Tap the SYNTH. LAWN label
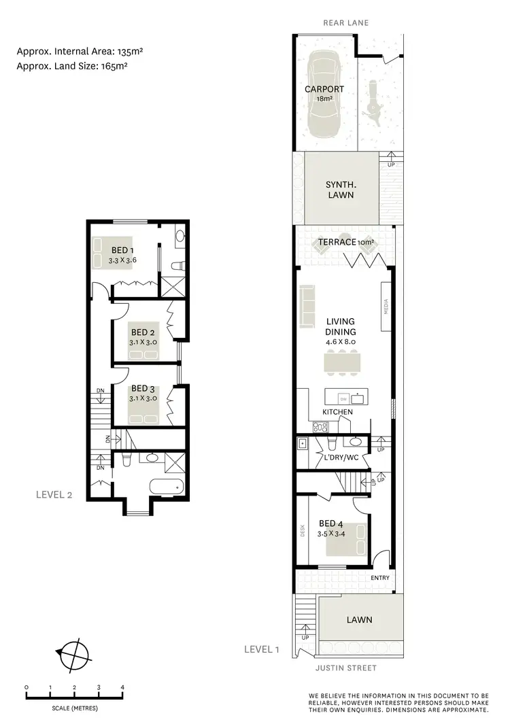tap(339, 190)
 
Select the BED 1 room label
tap(122, 250)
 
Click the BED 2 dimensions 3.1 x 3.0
tap(143, 343)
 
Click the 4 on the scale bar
tap(122, 687)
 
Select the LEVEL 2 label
tap(54, 494)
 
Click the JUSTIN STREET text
tap(345, 668)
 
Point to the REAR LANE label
tap(346, 22)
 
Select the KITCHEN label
tap(337, 413)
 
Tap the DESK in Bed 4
tap(303, 530)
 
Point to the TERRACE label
tap(337, 242)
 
